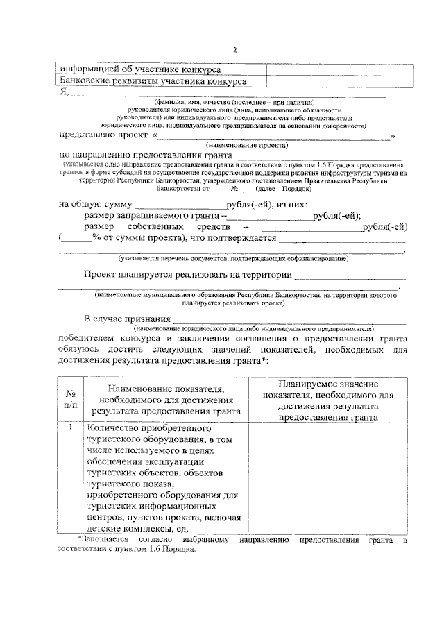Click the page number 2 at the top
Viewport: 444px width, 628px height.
tap(234, 50)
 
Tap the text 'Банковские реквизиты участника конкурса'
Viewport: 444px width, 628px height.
tap(153, 82)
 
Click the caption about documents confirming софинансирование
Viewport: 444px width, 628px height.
tap(232, 259)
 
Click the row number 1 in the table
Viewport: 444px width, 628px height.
tap(71, 428)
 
